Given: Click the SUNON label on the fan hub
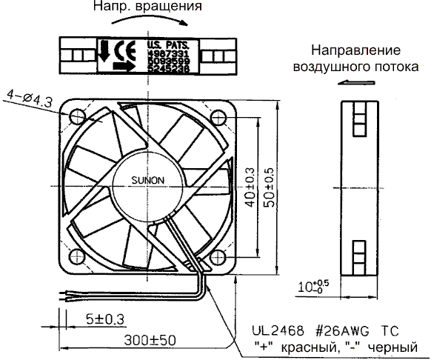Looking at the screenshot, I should tap(148, 179).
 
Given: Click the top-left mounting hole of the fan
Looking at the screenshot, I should tap(78, 117).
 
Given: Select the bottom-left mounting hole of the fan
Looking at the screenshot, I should tap(78, 256).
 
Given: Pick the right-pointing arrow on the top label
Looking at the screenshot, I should tap(123, 66).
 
